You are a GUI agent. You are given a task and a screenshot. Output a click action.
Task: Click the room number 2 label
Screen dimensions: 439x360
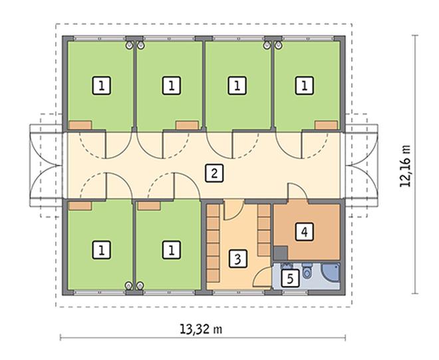click(214, 174)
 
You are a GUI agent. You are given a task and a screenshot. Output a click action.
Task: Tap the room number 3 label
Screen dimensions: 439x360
click(237, 259)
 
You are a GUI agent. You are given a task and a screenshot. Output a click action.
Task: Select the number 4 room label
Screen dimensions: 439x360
click(305, 232)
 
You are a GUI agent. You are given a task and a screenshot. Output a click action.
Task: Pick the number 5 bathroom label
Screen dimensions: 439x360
click(290, 279)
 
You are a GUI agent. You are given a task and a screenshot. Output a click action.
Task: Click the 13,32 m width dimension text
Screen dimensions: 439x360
click(201, 329)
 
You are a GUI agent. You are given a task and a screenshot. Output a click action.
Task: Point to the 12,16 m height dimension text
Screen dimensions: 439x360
click(405, 166)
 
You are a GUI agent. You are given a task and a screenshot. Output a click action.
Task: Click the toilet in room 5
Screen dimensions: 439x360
click(307, 270)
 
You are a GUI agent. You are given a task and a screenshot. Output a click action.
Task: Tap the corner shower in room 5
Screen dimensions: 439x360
click(331, 272)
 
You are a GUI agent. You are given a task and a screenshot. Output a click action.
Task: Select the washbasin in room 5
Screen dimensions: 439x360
click(286, 266)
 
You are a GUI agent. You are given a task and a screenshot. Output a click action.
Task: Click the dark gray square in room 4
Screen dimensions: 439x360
click(281, 254)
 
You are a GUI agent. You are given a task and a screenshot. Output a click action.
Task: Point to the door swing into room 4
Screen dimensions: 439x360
click(298, 192)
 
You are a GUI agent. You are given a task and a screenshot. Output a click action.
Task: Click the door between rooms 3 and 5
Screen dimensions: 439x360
click(263, 277)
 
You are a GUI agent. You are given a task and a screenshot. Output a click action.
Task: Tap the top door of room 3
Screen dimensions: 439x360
click(234, 210)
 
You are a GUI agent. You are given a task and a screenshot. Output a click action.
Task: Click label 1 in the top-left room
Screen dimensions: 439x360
click(101, 86)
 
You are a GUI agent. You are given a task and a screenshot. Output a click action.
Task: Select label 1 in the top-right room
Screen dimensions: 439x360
click(305, 86)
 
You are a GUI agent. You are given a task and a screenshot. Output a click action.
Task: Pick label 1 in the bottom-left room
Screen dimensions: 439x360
click(101, 250)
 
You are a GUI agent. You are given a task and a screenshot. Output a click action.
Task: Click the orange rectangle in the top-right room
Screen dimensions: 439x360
click(326, 125)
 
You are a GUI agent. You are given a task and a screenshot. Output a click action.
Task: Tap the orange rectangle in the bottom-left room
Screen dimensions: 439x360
click(80, 206)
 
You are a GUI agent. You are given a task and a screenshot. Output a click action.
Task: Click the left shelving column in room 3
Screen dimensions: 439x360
click(213, 244)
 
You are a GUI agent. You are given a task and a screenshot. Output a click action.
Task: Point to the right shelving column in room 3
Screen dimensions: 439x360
click(264, 230)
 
